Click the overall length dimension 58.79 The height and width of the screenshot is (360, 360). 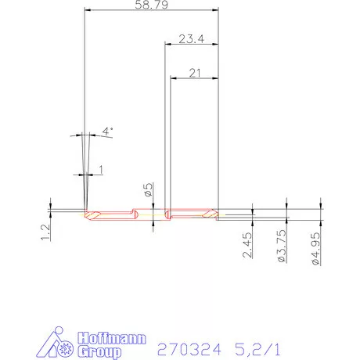pos(149,5)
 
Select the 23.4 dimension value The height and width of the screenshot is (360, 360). pos(191,38)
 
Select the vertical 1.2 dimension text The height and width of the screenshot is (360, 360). pos(46,232)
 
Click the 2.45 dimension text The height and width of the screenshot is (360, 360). pos(247,246)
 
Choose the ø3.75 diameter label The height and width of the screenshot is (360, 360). pos(283,247)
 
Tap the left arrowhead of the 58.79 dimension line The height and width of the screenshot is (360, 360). pos(85,10)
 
